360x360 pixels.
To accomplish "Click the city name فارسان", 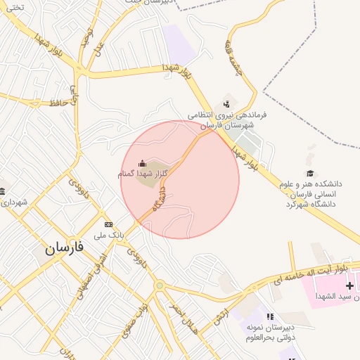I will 64,247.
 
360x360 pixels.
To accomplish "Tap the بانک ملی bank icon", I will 108,224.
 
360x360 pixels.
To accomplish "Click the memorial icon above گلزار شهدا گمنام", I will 143,163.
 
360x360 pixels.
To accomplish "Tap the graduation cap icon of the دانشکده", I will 309,173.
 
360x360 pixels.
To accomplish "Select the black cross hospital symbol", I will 349,286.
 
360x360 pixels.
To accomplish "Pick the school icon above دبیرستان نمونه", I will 269,316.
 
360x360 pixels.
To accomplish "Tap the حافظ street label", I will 58,103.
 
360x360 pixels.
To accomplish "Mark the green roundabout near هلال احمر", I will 160,285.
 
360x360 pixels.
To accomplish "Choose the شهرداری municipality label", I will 13,202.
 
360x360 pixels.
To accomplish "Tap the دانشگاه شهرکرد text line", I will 311,204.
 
